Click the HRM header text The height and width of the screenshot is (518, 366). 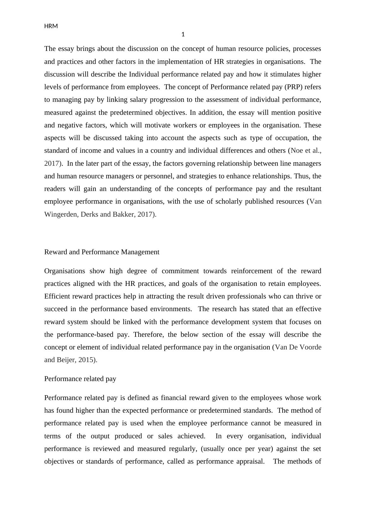(x=51, y=26)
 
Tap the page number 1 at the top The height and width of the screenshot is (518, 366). (x=183, y=34)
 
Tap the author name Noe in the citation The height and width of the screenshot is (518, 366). (x=296, y=151)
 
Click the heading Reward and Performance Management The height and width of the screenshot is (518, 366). (x=102, y=252)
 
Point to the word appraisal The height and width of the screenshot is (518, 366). (x=250, y=461)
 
